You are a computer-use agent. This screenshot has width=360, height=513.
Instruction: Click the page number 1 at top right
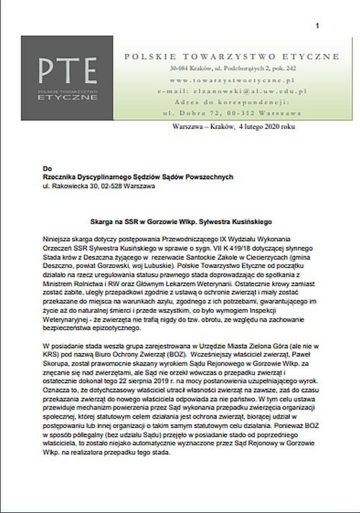coord(317,26)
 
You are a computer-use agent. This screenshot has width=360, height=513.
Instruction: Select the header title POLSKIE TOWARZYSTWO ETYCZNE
coord(232,57)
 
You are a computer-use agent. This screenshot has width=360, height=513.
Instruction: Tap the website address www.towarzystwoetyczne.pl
coord(232,80)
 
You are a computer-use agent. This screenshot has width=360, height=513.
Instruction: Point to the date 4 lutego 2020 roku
coord(266,127)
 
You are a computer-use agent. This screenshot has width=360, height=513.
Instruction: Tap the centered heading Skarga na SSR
coord(181,222)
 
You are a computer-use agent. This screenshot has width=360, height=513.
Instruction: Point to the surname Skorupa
coord(54,363)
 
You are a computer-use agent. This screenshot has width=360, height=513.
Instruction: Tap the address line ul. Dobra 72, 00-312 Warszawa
coord(232,113)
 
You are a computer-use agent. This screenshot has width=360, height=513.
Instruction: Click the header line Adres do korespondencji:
coord(232,102)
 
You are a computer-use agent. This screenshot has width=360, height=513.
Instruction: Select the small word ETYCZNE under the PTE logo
coord(67,97)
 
